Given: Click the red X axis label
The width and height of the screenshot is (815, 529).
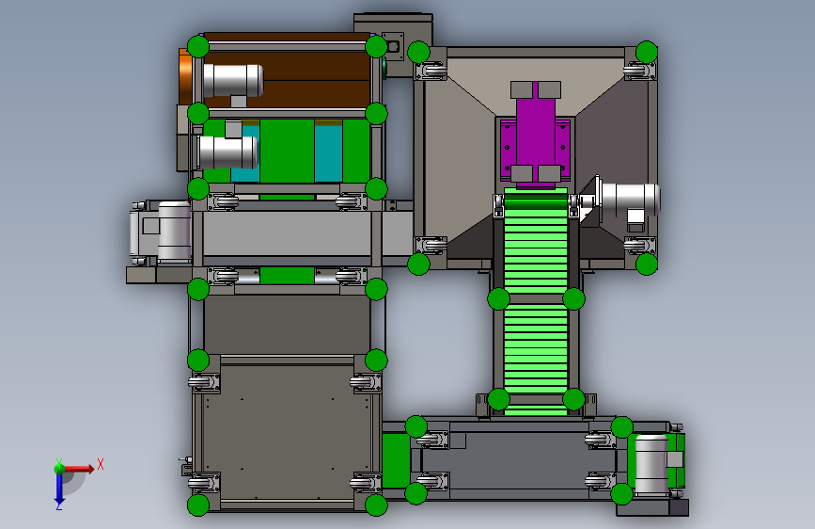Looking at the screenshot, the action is point(101,464).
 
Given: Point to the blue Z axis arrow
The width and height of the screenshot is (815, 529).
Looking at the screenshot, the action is point(58,488).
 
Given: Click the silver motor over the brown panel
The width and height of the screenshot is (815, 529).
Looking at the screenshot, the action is point(233,80).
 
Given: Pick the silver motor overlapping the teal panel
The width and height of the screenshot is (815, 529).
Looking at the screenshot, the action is point(227,152).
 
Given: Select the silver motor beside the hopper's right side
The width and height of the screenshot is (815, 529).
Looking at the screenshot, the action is point(629,199).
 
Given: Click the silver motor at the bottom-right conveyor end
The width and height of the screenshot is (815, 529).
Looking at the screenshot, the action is point(651,464).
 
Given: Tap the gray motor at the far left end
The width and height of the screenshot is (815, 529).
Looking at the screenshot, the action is point(160,232).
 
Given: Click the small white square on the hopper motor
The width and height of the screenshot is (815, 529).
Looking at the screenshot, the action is point(635,216).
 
